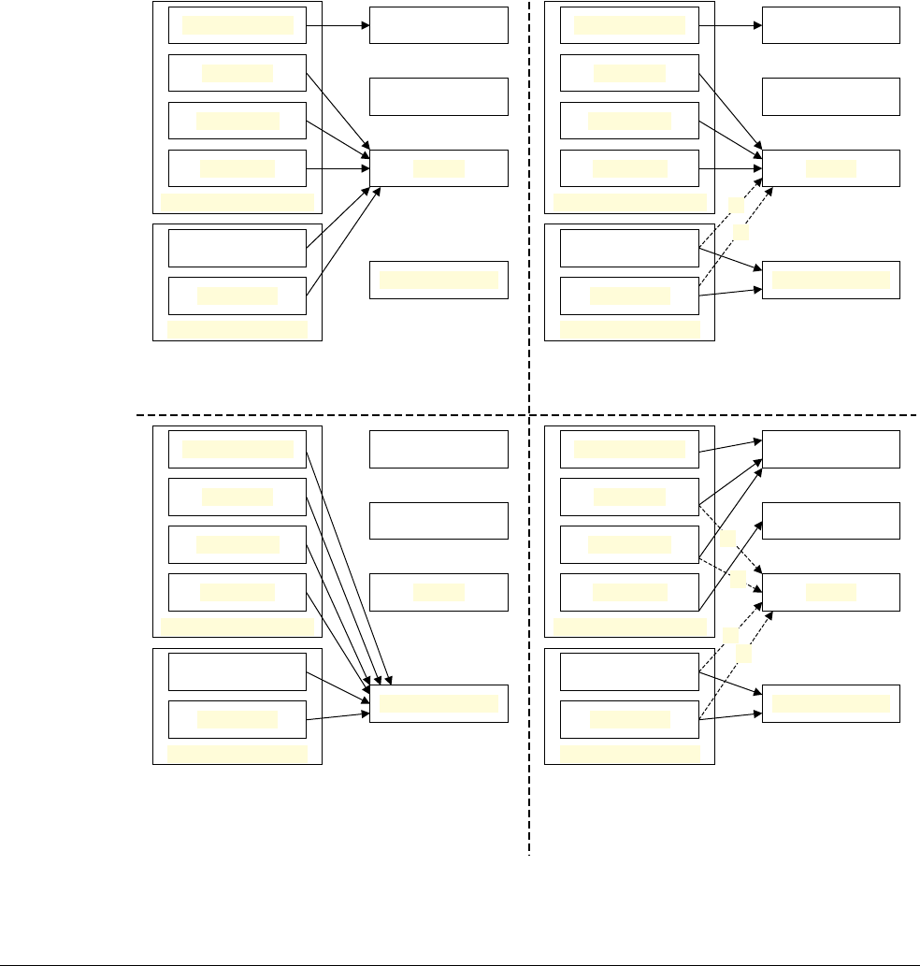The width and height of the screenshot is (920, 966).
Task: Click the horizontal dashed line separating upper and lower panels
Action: (x=327, y=413)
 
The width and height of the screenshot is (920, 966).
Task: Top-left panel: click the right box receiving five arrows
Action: (x=438, y=167)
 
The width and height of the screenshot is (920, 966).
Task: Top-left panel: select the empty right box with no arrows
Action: (x=438, y=96)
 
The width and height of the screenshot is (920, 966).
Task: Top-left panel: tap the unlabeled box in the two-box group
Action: (x=237, y=248)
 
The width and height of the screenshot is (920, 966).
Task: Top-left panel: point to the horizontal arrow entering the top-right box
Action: (x=338, y=25)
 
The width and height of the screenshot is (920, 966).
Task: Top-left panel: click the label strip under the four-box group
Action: (x=237, y=202)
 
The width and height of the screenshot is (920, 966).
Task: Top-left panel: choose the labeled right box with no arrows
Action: (x=438, y=280)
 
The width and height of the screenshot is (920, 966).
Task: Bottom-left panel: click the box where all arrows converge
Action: (x=438, y=703)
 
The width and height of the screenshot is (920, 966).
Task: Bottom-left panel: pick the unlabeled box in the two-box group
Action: (x=237, y=671)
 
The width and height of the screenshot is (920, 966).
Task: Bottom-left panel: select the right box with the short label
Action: (x=438, y=591)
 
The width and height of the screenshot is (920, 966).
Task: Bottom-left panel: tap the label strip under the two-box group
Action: (x=237, y=753)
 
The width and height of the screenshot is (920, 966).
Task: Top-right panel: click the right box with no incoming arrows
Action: (x=830, y=96)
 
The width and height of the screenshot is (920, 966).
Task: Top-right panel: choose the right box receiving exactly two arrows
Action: (x=830, y=280)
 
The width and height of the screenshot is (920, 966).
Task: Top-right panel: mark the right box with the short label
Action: (x=830, y=167)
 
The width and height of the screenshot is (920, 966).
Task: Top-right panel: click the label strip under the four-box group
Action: (x=629, y=202)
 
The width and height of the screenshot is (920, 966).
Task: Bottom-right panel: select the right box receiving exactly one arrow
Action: (x=830, y=520)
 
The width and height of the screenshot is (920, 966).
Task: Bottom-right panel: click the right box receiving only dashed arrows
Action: (x=830, y=591)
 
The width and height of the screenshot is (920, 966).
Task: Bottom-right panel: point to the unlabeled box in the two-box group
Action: (x=629, y=671)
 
